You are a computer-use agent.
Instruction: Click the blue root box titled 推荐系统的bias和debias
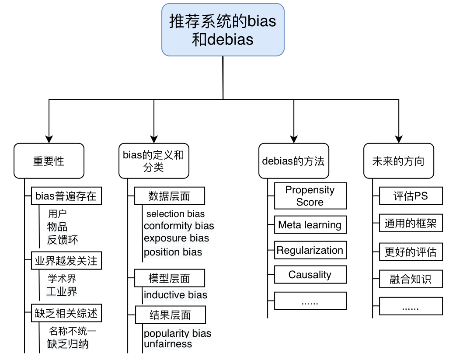(x=223, y=30)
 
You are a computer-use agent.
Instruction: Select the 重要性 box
(x=49, y=161)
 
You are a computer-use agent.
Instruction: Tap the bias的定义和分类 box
(x=154, y=161)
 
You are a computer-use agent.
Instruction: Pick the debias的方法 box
(x=293, y=161)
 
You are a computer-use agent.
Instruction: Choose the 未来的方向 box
(x=398, y=161)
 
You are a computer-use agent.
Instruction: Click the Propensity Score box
(x=310, y=196)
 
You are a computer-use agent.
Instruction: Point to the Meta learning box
(x=310, y=225)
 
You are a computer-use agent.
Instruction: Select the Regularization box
(x=310, y=250)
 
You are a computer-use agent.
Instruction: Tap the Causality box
(x=310, y=275)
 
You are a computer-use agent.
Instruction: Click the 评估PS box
(x=411, y=196)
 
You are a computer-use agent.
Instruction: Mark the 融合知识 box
(x=411, y=279)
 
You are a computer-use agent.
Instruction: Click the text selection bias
(x=175, y=214)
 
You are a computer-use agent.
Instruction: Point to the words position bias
(x=173, y=252)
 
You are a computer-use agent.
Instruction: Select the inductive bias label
(x=175, y=295)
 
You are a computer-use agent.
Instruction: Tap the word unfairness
(x=168, y=344)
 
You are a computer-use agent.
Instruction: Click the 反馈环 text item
(x=63, y=239)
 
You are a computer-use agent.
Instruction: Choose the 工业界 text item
(x=62, y=291)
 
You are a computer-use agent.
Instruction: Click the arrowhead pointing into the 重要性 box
(x=49, y=139)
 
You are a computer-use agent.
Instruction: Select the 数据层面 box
(x=169, y=196)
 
